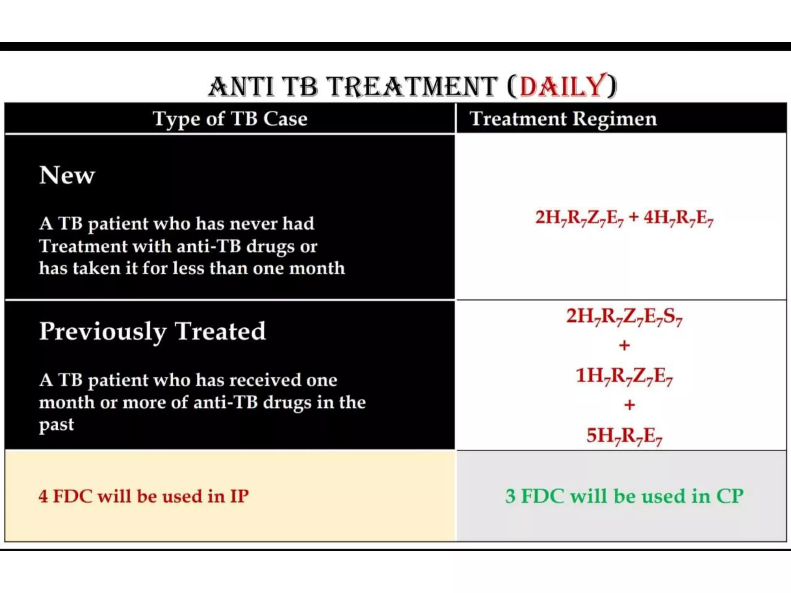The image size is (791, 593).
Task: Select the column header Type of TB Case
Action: [230, 119]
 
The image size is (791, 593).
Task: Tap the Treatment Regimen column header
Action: [563, 119]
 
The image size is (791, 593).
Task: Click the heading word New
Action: [67, 175]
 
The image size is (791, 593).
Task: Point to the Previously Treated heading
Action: [153, 331]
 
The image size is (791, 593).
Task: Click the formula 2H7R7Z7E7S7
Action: [624, 317]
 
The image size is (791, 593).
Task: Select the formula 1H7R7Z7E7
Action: [624, 376]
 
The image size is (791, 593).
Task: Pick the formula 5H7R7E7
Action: [624, 436]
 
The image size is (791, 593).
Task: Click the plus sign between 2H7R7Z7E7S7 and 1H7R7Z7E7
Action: [624, 345]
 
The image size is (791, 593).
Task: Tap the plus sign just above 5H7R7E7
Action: [630, 405]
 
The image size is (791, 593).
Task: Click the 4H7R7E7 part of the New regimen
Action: [678, 218]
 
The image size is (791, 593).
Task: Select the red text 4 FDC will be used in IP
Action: [143, 496]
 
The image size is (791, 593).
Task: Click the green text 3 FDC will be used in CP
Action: [624, 496]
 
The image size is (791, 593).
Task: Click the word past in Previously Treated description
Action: [56, 425]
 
